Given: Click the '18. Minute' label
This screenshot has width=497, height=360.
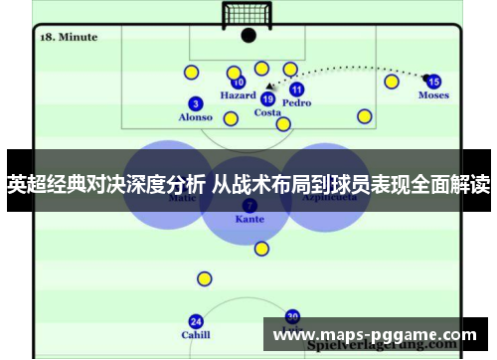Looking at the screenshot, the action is click(x=69, y=37).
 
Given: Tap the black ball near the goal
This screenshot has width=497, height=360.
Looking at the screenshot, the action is click(x=248, y=36).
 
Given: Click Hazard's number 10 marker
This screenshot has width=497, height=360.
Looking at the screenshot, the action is click(x=238, y=83).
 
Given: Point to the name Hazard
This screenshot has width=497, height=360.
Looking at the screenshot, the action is click(x=238, y=96).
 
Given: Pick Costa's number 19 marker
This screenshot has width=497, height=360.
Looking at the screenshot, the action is click(x=267, y=98).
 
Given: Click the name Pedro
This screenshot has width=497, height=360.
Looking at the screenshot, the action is click(x=296, y=102).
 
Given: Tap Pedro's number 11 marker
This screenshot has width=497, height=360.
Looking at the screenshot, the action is click(x=296, y=89).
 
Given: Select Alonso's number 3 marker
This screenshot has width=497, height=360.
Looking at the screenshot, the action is click(x=196, y=103).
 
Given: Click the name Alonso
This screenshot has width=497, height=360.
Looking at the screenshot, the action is click(x=195, y=117).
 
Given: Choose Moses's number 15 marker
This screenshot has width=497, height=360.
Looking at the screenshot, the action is click(x=433, y=82).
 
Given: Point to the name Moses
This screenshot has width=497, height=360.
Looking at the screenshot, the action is click(x=433, y=95).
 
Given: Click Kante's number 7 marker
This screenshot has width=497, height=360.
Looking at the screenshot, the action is click(x=248, y=205).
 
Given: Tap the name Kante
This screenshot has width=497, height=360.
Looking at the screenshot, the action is click(x=248, y=219).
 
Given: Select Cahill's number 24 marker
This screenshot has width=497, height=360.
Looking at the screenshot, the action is click(x=196, y=321).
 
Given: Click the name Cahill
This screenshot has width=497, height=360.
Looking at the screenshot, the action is click(x=196, y=335).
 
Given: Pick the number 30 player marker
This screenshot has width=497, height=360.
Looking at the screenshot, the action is click(x=292, y=316).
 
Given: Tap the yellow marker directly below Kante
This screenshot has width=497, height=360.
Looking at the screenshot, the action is click(x=261, y=249).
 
